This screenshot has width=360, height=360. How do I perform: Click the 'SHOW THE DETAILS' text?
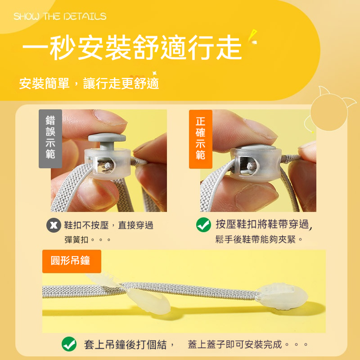(60, 17)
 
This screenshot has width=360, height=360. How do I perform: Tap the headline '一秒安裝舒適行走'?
(132, 48)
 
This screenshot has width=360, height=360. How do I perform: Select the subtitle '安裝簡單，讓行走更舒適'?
(89, 83)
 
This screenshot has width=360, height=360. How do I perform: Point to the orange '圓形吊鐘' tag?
(72, 261)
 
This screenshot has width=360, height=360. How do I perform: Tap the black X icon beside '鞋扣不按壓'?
(54, 225)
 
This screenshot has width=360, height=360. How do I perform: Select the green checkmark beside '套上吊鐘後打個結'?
(69, 345)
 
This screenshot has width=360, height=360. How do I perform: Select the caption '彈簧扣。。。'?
(88, 239)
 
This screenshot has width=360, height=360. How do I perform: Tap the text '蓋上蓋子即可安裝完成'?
(235, 345)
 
